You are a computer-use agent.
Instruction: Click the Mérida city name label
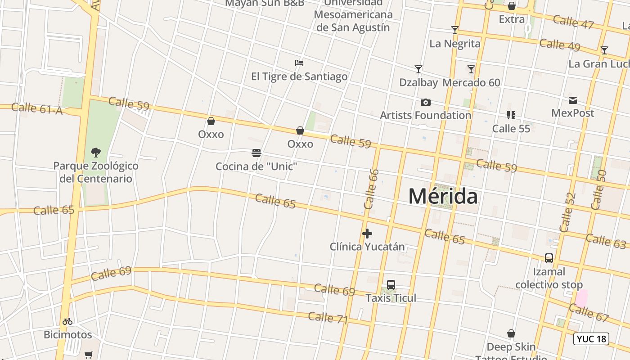(443, 197)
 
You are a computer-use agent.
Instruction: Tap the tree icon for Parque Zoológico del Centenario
(95, 152)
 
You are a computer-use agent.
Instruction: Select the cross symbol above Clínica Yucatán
(367, 234)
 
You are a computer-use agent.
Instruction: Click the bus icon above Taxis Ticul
(391, 285)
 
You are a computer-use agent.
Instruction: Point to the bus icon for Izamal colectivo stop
(549, 258)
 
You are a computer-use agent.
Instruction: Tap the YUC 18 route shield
(591, 339)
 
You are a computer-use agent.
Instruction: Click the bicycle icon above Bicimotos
(67, 321)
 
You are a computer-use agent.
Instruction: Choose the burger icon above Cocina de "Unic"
(256, 153)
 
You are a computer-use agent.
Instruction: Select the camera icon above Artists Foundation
(425, 102)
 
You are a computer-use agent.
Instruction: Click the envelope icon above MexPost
(573, 100)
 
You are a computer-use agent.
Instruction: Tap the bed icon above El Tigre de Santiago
(299, 63)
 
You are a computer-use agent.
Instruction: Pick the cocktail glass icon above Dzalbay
(418, 69)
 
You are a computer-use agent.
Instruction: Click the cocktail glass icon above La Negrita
(455, 30)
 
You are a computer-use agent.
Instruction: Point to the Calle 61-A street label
(37, 108)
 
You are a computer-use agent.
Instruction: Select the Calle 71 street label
(328, 318)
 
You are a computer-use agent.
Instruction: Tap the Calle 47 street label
(573, 22)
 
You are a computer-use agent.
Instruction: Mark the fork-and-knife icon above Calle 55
(511, 115)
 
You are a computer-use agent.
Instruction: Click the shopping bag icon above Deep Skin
(511, 333)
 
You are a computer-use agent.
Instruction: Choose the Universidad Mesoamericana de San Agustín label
(353, 15)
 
